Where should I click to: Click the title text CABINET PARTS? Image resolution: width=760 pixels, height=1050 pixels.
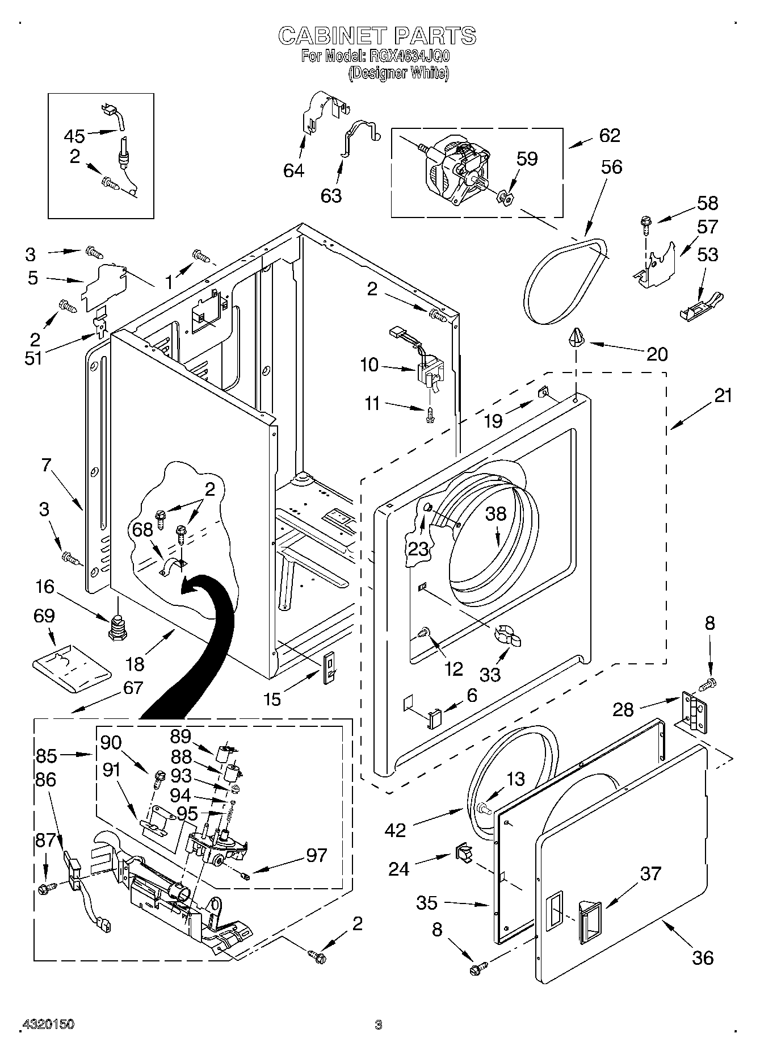[x=377, y=36]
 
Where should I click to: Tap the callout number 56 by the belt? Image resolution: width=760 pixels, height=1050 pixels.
[x=608, y=167]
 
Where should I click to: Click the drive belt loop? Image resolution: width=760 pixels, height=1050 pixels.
[x=566, y=282]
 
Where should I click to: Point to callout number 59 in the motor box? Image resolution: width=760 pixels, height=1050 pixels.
[x=527, y=158]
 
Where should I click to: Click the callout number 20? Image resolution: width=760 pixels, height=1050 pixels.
[x=657, y=354]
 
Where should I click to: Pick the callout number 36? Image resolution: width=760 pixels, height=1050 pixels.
[x=703, y=958]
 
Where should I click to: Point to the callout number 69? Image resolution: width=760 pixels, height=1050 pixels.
[x=44, y=616]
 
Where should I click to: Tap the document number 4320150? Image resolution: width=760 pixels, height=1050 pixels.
[x=48, y=1024]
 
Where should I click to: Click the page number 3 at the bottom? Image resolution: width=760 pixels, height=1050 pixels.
[x=379, y=1024]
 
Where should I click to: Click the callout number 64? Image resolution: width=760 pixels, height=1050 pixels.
[x=293, y=170]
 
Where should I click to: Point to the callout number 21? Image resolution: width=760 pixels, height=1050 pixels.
[x=723, y=395]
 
